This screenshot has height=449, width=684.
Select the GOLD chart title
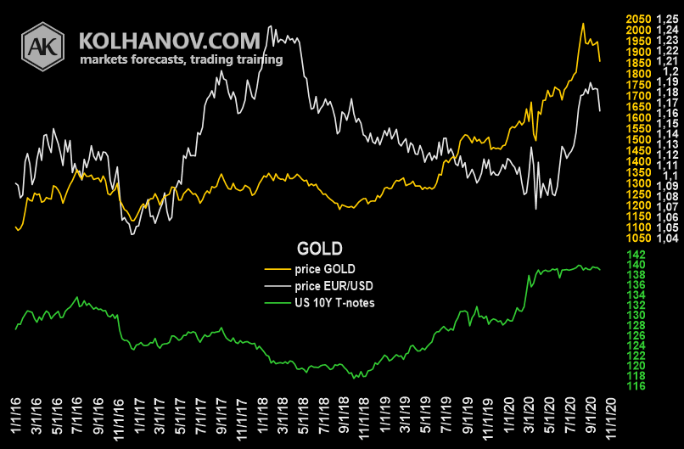[319, 249]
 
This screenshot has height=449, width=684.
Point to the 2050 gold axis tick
[637, 19]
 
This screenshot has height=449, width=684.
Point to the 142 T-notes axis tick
[636, 255]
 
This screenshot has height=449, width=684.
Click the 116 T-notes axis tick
[636, 385]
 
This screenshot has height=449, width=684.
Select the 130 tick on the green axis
[636, 315]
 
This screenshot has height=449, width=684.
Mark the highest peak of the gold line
[583, 24]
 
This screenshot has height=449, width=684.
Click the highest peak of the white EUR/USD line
[270, 27]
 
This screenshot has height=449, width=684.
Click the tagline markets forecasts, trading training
[181, 60]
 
